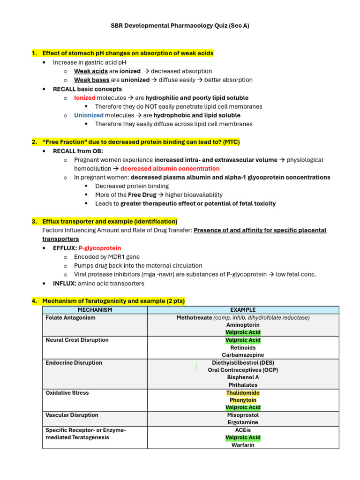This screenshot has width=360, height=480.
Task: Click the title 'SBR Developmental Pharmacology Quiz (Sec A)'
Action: [180, 26]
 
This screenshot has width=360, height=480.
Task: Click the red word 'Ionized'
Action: [84, 97]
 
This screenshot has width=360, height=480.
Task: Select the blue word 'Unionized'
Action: [89, 115]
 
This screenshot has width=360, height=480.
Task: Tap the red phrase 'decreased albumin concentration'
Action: [170, 168]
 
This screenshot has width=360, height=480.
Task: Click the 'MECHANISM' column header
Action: [95, 310]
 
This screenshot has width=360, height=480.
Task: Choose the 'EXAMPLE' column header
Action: [243, 310]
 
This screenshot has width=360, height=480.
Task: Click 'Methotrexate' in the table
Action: [194, 317]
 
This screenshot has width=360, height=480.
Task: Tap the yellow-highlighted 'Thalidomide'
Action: [243, 393]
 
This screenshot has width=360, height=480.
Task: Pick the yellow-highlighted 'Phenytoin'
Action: [243, 400]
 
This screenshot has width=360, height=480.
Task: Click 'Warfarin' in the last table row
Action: [243, 445]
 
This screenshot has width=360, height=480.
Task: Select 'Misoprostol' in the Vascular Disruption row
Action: [243, 415]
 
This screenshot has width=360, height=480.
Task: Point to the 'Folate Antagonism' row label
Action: [70, 317]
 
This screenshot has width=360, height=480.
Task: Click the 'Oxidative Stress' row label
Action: [67, 393]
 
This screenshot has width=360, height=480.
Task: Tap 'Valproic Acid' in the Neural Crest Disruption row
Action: [243, 340]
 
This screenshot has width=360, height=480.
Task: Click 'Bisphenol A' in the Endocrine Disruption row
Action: [243, 377]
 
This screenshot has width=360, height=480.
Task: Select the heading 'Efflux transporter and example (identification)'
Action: [110, 221]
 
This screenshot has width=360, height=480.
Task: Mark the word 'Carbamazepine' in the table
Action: [243, 355]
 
